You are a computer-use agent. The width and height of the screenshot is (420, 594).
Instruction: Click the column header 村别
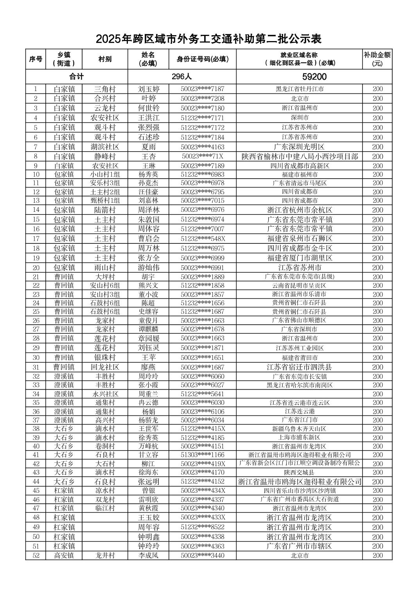click(105, 59)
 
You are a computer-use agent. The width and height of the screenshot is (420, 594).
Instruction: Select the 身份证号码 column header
click(203, 59)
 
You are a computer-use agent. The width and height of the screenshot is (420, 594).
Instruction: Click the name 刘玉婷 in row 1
click(148, 89)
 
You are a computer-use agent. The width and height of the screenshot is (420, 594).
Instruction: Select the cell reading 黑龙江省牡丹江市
click(300, 89)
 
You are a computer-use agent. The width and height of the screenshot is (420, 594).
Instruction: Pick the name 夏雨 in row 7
click(148, 147)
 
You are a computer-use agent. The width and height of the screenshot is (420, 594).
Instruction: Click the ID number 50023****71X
click(203, 156)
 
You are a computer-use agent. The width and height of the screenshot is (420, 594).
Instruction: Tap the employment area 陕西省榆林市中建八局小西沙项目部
click(300, 156)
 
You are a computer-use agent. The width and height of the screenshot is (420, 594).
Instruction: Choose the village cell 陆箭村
click(105, 210)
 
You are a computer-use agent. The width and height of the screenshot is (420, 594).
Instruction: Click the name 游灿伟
click(148, 268)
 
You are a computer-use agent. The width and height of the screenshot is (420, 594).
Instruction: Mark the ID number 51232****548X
click(203, 238)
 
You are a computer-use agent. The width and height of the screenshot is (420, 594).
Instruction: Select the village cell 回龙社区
click(105, 367)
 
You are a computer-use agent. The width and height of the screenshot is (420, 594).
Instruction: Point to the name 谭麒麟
click(148, 329)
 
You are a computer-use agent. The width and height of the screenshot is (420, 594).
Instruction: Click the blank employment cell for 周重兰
click(300, 394)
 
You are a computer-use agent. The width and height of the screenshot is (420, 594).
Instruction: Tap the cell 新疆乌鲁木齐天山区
click(300, 429)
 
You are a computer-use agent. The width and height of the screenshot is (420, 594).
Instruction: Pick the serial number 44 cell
click(36, 481)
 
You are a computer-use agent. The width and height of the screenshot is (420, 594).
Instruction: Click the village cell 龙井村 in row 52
click(105, 555)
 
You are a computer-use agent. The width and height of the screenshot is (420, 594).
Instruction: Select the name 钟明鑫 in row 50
click(148, 537)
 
